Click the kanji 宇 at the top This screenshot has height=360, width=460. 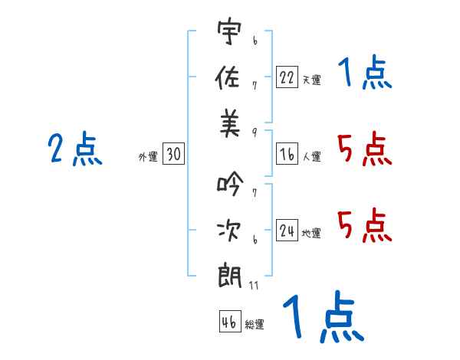(229, 31)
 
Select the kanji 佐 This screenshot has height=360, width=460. (228, 77)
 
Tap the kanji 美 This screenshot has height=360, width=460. (230, 123)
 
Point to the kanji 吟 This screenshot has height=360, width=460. (230, 184)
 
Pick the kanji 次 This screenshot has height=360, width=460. (228, 230)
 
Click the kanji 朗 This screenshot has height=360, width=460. (229, 276)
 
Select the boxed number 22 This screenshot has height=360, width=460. (287, 77)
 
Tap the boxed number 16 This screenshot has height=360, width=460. (287, 154)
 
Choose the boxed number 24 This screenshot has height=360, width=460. (287, 230)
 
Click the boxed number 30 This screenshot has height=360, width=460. (173, 153)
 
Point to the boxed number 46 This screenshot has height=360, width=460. (230, 321)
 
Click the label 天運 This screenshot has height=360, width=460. (312, 80)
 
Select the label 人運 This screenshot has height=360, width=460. (312, 156)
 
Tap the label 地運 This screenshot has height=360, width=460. (311, 233)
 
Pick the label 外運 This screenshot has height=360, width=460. (148, 156)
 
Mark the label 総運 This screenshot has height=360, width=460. (255, 324)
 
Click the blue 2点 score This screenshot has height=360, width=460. (75, 149)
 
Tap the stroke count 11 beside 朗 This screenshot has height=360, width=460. (254, 285)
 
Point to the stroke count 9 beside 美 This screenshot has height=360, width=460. (255, 133)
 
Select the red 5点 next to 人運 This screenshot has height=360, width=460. (365, 149)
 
